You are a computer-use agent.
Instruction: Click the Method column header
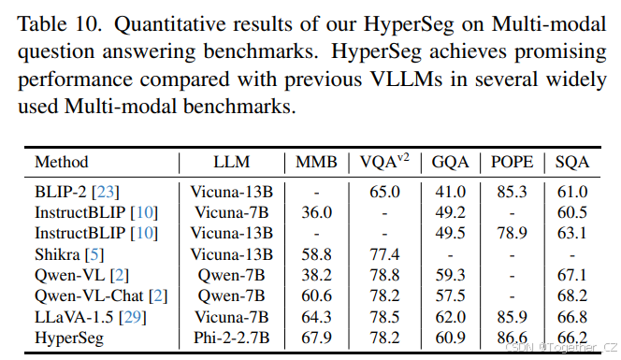[x=62, y=162]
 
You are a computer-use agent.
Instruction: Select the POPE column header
[x=512, y=162]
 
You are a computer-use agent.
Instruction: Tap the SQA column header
[x=571, y=162]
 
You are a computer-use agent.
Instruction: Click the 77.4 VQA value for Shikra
[x=383, y=252]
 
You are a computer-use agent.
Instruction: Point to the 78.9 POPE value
[x=512, y=232]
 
